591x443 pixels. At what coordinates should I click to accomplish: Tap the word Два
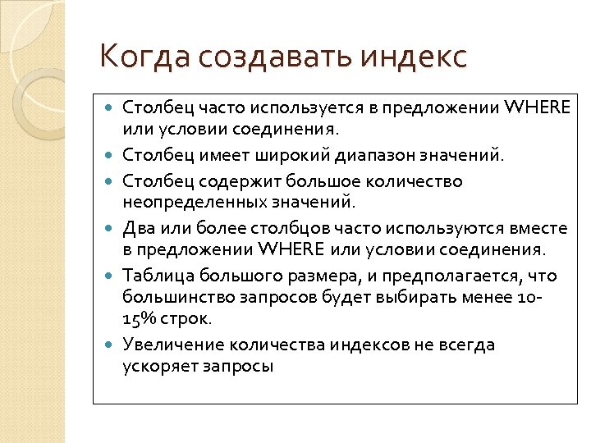coord(137,226)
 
